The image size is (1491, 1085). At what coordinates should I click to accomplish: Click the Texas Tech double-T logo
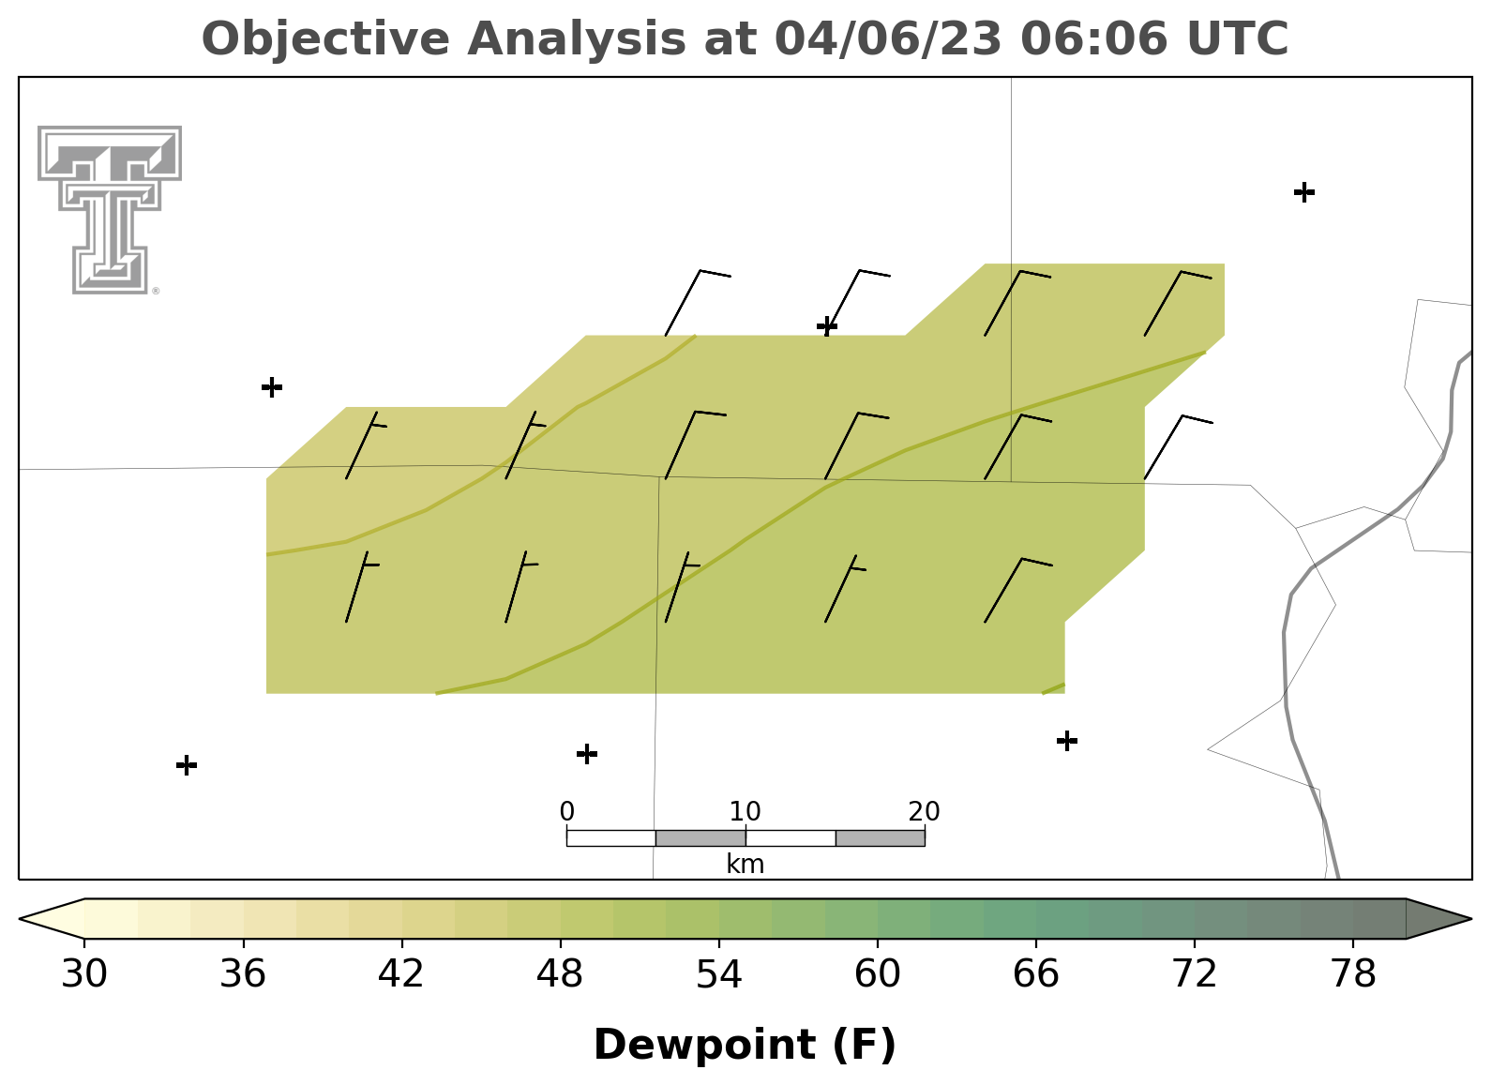click(110, 210)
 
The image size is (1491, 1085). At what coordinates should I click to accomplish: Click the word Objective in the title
click(326, 39)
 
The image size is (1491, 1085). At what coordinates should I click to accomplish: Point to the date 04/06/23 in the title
click(888, 39)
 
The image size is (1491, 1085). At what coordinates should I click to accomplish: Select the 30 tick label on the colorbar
click(83, 974)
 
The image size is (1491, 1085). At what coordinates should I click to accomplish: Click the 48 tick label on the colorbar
click(560, 974)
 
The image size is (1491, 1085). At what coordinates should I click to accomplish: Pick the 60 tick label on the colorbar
click(878, 974)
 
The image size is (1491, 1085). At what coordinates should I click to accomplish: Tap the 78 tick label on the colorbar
click(1353, 974)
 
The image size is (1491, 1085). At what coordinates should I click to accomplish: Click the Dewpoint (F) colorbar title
click(745, 1045)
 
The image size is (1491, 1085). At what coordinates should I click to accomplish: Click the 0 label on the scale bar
click(567, 811)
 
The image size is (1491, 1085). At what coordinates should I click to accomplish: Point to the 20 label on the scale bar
click(924, 811)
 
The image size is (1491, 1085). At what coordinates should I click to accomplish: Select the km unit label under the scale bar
click(745, 864)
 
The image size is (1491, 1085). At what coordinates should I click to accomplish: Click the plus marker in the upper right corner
click(1304, 192)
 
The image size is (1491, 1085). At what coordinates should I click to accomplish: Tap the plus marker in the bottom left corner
click(187, 765)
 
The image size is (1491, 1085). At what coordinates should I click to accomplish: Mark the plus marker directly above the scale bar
click(586, 754)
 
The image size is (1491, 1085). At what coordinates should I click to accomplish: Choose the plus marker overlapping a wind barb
click(827, 326)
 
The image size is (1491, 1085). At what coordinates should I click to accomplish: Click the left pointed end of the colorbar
click(20, 919)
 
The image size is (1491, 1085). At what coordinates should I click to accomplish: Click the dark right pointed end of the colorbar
click(1470, 919)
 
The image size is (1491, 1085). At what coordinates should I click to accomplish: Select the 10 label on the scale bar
click(745, 811)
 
